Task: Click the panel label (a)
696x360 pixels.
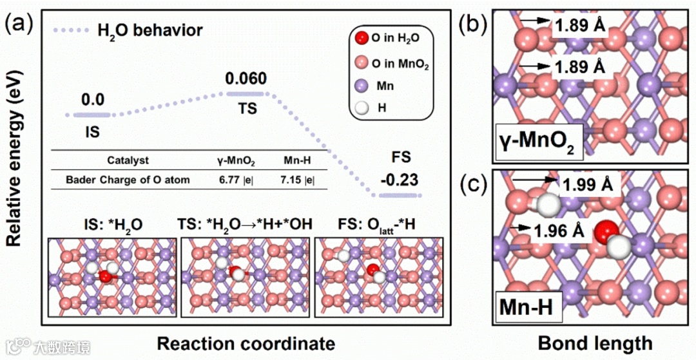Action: point(17,26)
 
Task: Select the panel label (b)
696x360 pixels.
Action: point(472,26)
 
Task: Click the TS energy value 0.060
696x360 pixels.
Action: point(246,79)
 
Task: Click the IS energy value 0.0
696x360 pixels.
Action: point(93,100)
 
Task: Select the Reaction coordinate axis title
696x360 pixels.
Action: point(238,342)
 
